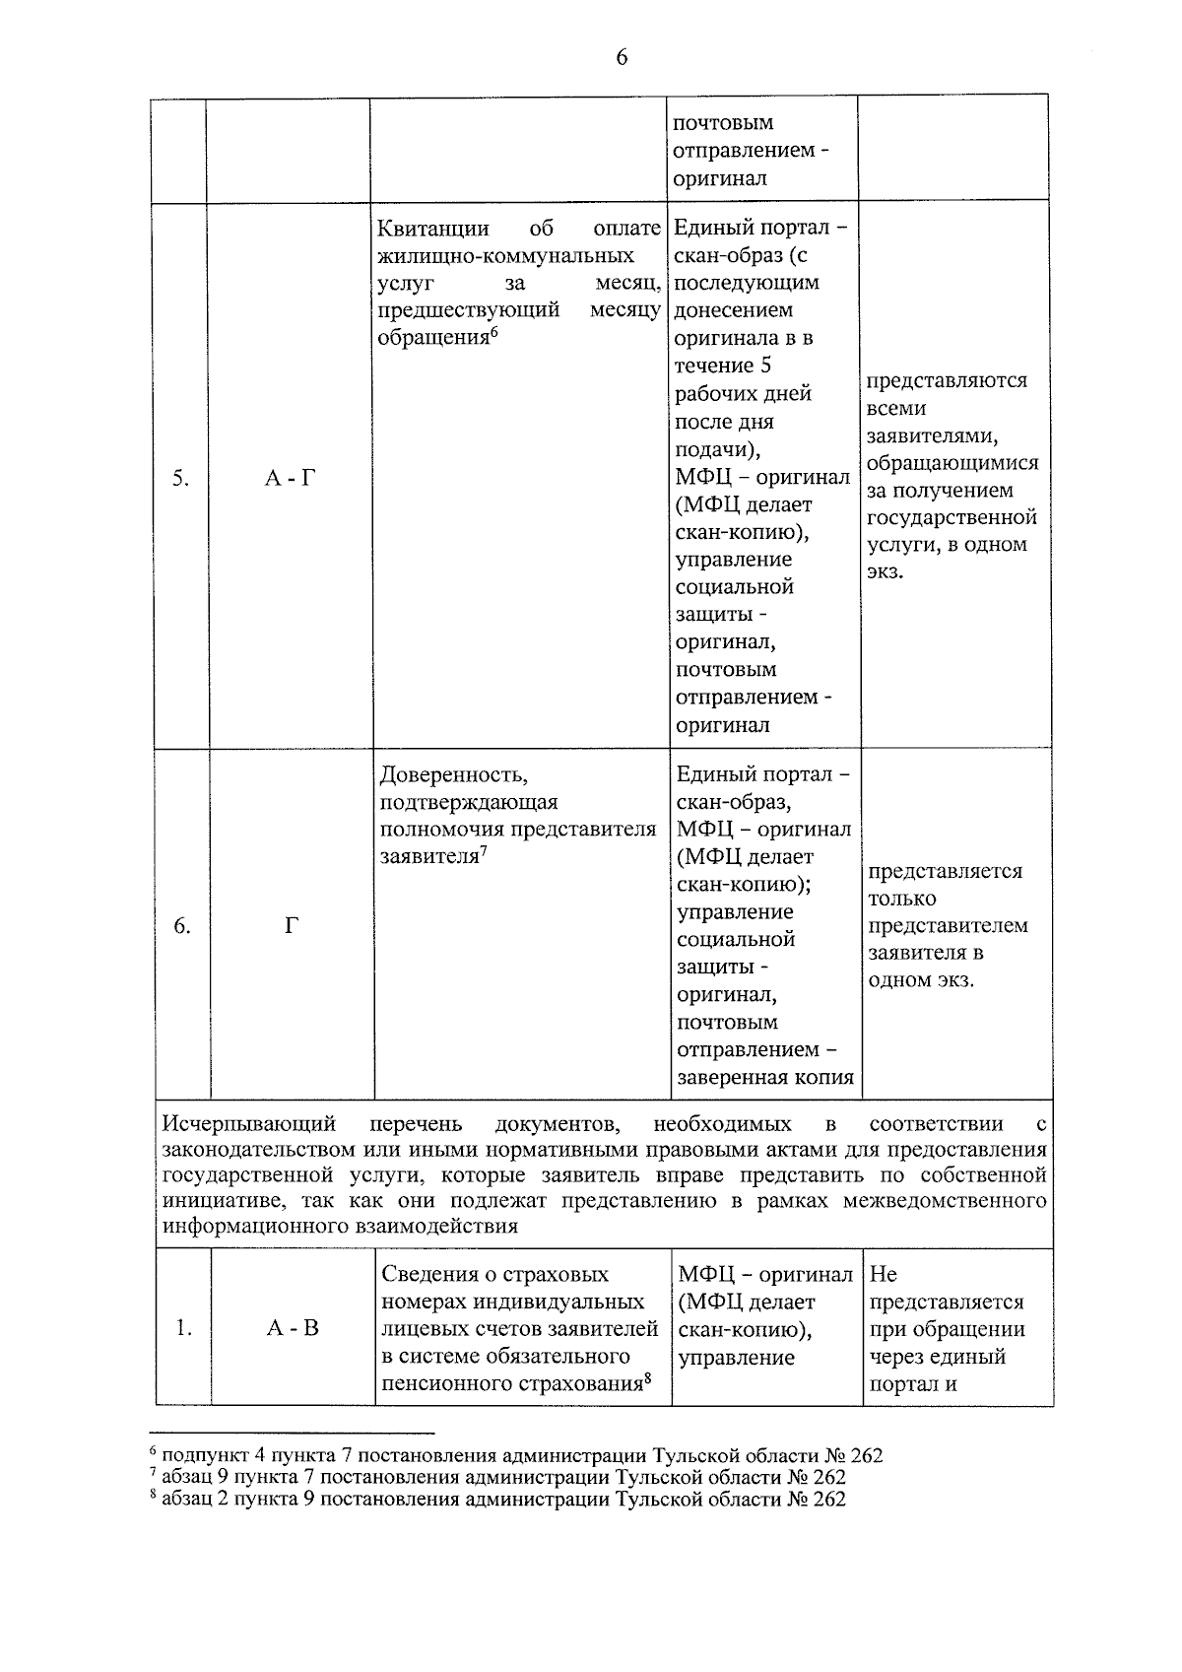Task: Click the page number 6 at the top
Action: click(621, 57)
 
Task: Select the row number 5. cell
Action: click(180, 479)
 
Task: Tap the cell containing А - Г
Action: click(291, 479)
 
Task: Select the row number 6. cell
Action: click(182, 926)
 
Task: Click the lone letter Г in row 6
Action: click(292, 926)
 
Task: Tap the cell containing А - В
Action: click(293, 1328)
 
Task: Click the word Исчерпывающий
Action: click(249, 1124)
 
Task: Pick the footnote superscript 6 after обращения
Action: click(495, 332)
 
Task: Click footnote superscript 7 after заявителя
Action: click(485, 851)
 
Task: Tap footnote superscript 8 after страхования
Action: click(650, 1378)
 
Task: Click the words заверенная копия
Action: click(765, 1077)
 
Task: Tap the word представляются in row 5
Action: click(947, 380)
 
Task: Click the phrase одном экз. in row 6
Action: click(920, 980)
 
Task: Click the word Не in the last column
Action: click(884, 1274)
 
